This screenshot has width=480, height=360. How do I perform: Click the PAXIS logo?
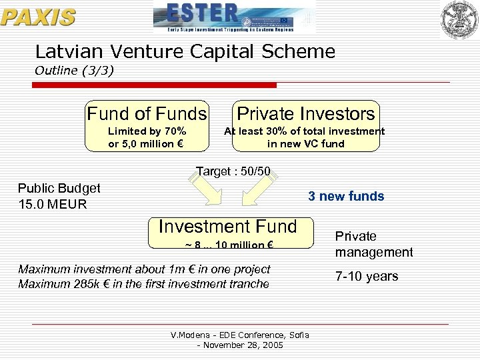coord(38,17)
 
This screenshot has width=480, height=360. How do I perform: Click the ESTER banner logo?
coord(233,17)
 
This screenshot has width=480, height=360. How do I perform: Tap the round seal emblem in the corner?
coord(459,18)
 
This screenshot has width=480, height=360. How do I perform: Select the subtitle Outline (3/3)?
coord(74,70)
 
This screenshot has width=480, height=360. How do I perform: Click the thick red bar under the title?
coord(155,85)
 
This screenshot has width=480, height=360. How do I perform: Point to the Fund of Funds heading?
coord(147,114)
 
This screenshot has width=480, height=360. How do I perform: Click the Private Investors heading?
coord(306,114)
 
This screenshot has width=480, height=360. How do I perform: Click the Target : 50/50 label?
coord(233,171)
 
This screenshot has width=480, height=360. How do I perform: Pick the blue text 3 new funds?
coord(345,196)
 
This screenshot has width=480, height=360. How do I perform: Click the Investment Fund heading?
coord(227,227)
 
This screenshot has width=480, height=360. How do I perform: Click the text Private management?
coord(373,244)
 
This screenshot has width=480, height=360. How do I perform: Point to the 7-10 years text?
coord(366,276)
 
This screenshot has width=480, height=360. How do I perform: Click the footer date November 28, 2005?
coord(243,345)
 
